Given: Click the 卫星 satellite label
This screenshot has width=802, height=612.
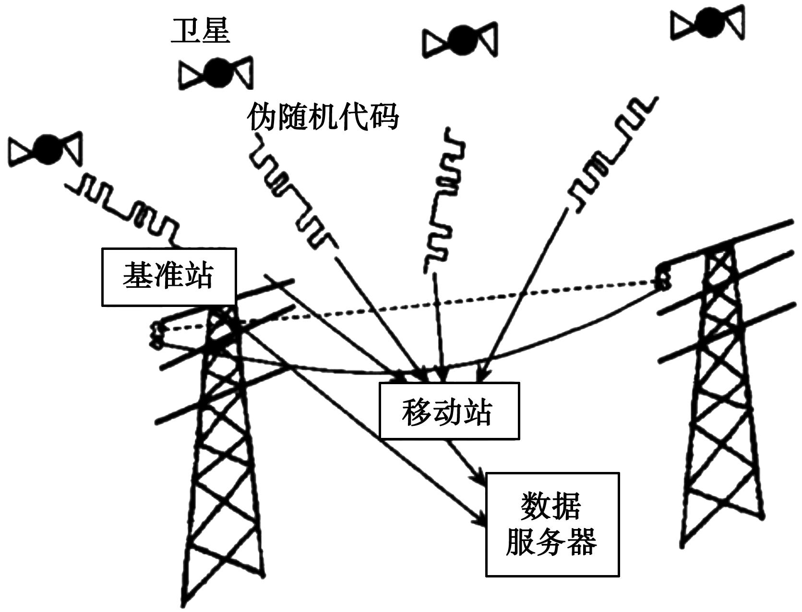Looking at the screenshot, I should coord(200,32).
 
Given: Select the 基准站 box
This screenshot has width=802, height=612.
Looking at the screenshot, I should coord(169,277).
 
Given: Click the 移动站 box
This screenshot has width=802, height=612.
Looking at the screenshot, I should coord(449,411).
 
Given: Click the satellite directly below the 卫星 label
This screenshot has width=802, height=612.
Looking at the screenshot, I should coord(215,73).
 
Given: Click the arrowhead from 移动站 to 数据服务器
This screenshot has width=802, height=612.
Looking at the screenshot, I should coord(480,479).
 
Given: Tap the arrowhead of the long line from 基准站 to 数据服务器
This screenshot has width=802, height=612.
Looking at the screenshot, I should coord(480,520).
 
